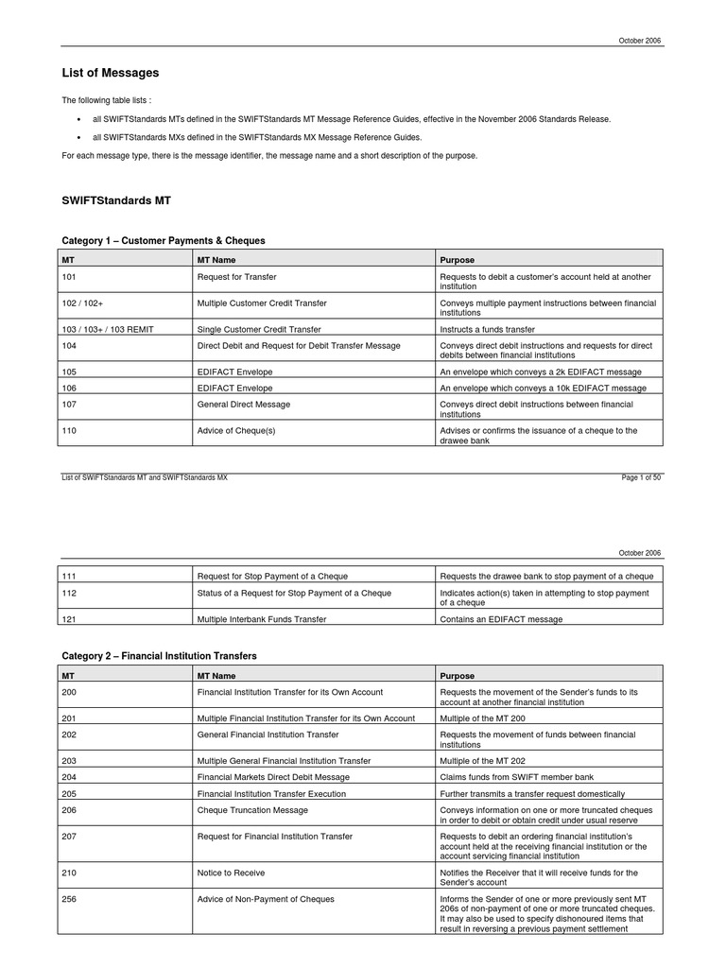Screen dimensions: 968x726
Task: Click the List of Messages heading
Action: [x=111, y=73]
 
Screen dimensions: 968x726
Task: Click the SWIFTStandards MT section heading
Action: [x=116, y=200]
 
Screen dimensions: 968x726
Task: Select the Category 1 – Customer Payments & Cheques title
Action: [x=164, y=241]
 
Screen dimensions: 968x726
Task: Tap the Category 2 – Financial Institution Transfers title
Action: [x=160, y=656]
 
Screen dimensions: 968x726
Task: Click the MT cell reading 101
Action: [x=69, y=277]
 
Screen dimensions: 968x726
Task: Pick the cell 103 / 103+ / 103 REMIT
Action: [x=106, y=330]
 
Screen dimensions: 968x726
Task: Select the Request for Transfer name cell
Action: [x=236, y=277]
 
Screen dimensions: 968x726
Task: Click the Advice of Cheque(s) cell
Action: [x=233, y=430]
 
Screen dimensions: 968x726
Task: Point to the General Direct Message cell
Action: [x=243, y=405]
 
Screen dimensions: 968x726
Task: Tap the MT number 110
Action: [x=69, y=430]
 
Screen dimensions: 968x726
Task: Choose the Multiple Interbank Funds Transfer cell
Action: [x=261, y=619]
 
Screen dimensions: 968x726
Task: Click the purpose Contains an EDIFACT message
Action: [x=501, y=619]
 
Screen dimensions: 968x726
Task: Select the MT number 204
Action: [x=69, y=777]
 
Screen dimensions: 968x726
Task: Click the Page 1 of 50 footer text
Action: [x=641, y=477]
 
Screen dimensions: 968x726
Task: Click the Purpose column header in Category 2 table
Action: [x=458, y=676]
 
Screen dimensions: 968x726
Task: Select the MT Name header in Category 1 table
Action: [x=216, y=259]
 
